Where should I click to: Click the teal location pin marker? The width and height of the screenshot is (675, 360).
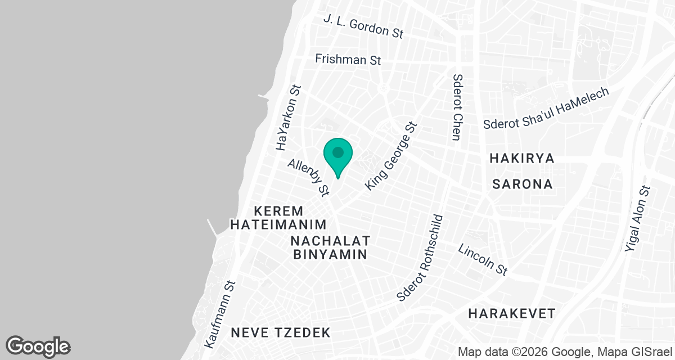coord(338,155)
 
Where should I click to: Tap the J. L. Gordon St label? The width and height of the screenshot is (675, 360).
coord(363,26)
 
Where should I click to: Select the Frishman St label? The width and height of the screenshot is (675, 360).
coord(348,59)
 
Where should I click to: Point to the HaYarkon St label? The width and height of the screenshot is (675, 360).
coord(288,118)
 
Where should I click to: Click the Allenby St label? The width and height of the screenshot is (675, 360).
coord(308,177)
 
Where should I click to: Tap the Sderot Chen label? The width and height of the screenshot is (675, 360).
coord(457,107)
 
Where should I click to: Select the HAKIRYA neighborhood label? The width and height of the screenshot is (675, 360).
coord(522,158)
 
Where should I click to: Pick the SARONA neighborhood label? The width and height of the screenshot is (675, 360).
coord(523,184)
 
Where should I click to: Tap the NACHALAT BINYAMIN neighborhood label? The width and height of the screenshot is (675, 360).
coord(330,247)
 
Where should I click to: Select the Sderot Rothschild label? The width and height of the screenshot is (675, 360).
coord(420,258)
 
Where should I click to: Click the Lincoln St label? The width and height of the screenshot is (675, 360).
coord(483,259)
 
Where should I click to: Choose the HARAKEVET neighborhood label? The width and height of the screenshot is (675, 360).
coord(512,313)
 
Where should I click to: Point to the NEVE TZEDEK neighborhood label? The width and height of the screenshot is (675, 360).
coord(281,332)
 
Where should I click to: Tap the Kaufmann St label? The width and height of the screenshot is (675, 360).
coord(220,313)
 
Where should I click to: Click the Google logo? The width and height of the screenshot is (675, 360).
coord(38,346)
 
